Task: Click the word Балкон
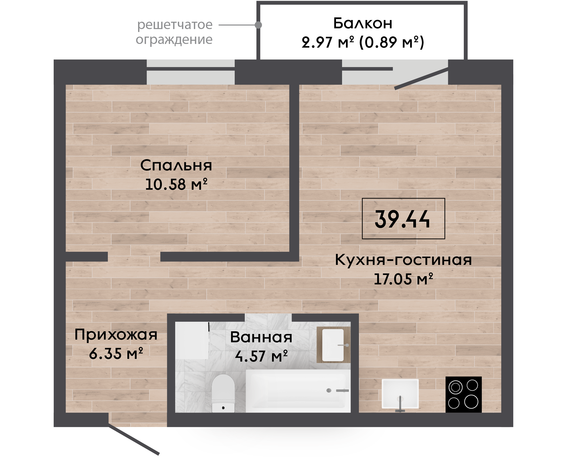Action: [363, 23]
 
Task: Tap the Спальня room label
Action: [176, 166]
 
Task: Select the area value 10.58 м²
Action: [176, 184]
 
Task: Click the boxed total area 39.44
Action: [403, 219]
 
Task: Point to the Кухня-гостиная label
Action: [403, 260]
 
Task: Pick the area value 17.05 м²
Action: [403, 279]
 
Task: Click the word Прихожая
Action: [116, 335]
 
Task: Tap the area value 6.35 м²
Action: [116, 354]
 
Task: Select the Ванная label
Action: [261, 337]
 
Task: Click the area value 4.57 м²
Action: [261, 356]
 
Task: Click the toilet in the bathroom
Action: [223, 393]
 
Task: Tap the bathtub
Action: [298, 391]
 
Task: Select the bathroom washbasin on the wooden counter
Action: [333, 345]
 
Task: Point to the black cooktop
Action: [463, 395]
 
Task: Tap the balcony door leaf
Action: [421, 79]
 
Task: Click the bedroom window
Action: [191, 72]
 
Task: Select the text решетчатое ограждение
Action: [174, 32]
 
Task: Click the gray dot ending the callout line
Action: [258, 25]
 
